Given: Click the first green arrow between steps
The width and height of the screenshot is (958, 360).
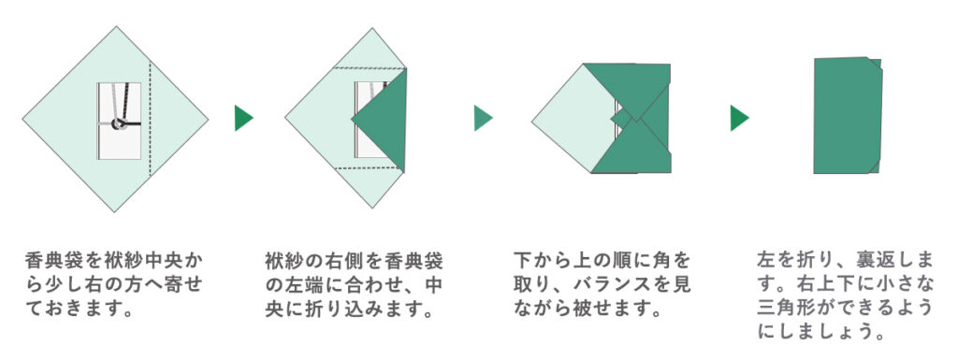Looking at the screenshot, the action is click(x=243, y=118).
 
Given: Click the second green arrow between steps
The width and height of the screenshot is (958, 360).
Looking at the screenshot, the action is click(x=483, y=118).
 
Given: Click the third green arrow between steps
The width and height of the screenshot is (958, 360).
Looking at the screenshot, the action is click(x=739, y=118).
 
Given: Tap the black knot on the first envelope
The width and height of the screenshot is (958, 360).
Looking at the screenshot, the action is click(x=120, y=124).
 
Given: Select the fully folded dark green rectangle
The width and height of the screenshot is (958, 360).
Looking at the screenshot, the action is click(x=847, y=117).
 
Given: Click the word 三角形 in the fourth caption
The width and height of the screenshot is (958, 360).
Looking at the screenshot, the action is click(x=788, y=308).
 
